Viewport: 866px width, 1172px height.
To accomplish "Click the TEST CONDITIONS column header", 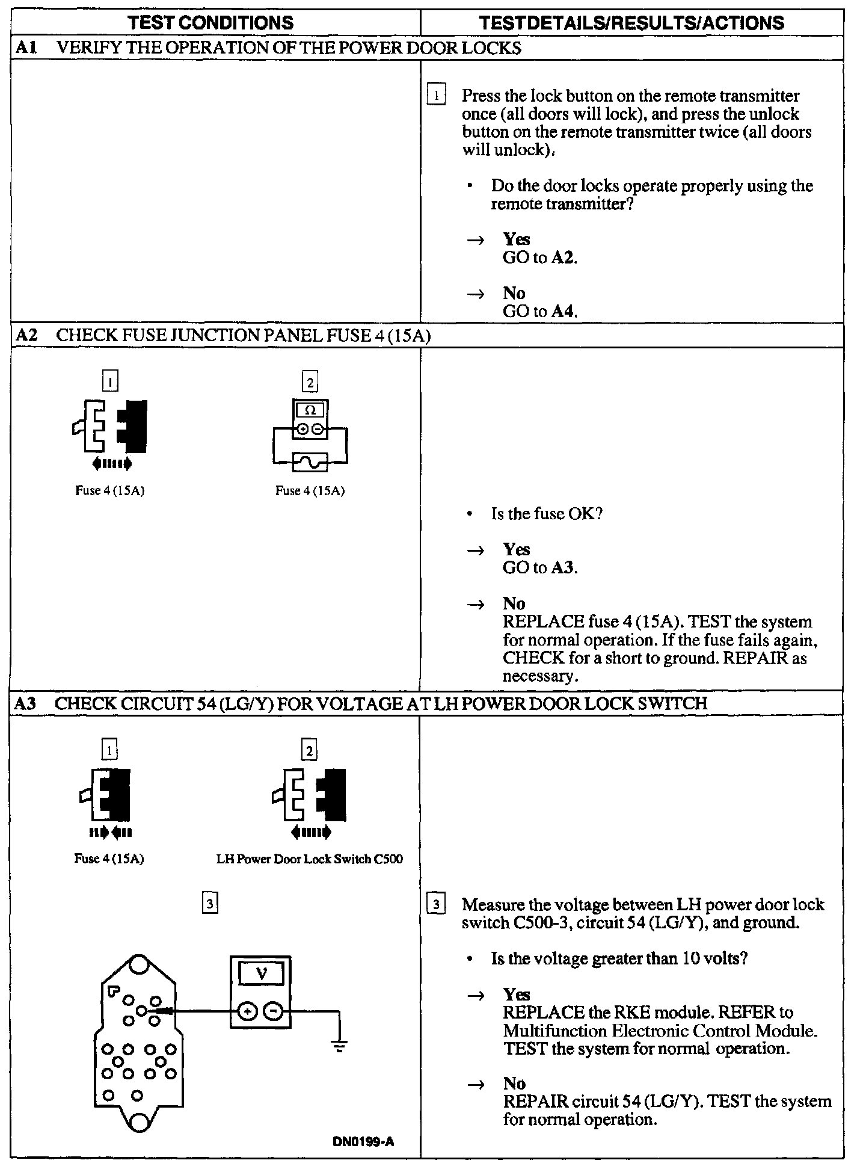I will click(210, 23).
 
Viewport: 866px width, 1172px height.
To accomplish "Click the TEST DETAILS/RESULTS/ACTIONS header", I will click(631, 23).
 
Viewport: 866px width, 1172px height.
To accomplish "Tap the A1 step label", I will click(25, 48).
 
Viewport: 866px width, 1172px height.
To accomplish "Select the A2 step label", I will click(26, 335).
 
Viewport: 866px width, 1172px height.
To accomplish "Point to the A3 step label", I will click(26, 703).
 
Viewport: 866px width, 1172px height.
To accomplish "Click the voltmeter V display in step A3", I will click(261, 973).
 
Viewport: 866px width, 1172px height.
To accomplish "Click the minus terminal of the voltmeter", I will click(274, 1011).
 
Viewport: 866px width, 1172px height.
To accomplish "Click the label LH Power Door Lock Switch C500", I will click(309, 859).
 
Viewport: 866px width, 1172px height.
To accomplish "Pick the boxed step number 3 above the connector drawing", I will click(209, 904).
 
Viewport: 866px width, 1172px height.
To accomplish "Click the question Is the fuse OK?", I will click(547, 514).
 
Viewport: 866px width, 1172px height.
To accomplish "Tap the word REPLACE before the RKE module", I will click(544, 1013).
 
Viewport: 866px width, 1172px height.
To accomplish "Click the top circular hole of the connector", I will click(139, 964).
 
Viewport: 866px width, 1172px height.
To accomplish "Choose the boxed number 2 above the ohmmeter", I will click(310, 381).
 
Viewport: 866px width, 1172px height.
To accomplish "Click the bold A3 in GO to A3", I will click(564, 568).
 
